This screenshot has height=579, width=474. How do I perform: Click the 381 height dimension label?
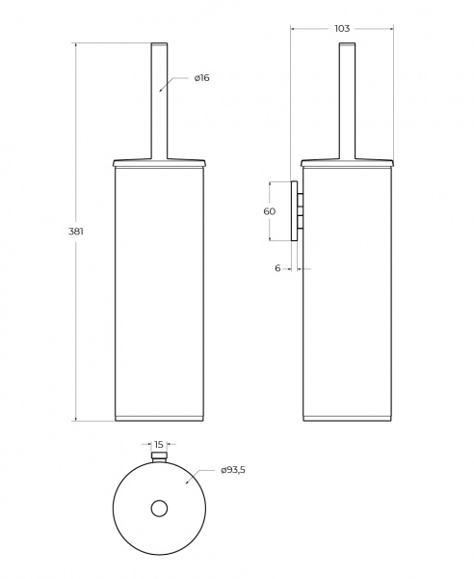click(76, 232)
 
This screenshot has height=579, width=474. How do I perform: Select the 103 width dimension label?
click(342, 28)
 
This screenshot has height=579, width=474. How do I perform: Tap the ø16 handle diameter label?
click(201, 78)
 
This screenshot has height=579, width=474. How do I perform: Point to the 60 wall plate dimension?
click(270, 211)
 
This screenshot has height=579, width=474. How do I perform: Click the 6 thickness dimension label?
click(277, 268)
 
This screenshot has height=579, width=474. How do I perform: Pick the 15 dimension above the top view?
click(159, 444)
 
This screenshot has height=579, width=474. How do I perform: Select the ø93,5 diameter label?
click(233, 470)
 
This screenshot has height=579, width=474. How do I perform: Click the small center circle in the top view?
click(159, 509)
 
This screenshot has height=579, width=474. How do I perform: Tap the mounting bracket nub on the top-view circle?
click(159, 456)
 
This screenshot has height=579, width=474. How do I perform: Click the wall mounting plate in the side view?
click(294, 210)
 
